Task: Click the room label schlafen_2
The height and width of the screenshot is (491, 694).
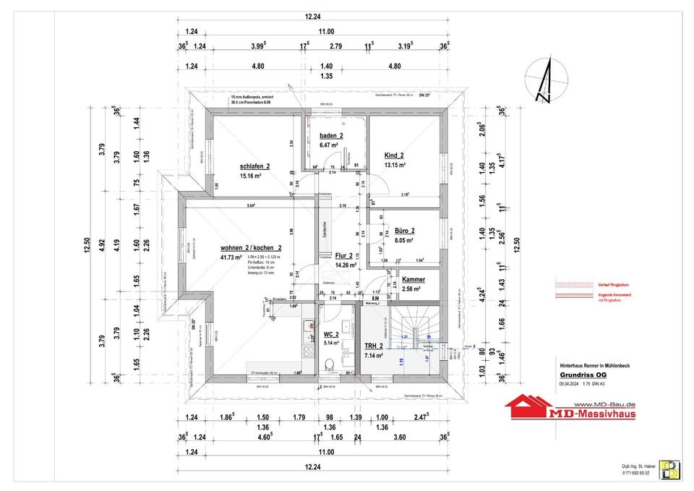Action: point(254,166)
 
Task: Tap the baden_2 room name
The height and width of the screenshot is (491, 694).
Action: point(331,135)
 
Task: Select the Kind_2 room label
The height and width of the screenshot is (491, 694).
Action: point(394,155)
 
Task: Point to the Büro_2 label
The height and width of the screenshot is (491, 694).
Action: point(404,231)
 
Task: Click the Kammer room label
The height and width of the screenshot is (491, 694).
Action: point(414,279)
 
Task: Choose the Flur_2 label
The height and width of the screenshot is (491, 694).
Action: point(343,256)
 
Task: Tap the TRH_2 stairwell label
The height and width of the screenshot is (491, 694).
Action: point(374,346)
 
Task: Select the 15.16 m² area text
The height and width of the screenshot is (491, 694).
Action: point(252,176)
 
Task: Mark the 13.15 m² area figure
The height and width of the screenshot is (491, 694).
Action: point(394,165)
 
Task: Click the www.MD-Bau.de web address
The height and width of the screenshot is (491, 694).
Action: point(604,404)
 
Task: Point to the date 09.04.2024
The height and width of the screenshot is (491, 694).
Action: point(570,385)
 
